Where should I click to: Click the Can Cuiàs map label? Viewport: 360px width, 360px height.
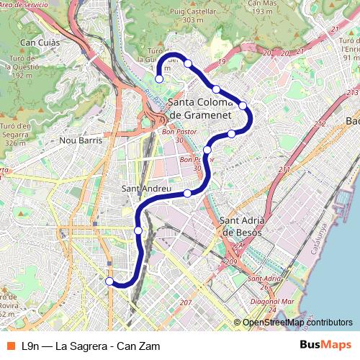pos(39,43)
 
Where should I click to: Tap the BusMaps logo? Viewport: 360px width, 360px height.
pos(325,345)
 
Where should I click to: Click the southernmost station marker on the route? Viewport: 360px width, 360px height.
pos(109,282)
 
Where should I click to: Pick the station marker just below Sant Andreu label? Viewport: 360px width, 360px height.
pos(187,193)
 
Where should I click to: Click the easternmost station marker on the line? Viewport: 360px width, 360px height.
pos(243,106)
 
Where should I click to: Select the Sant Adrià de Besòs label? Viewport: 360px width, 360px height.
pos(243,226)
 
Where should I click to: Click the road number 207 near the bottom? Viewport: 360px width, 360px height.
pos(185,302)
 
